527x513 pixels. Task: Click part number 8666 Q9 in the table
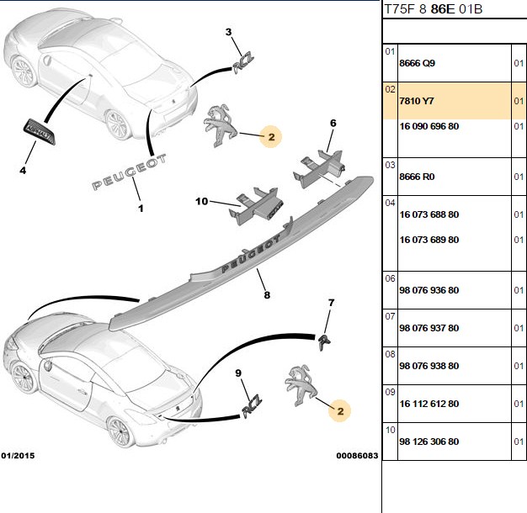417,63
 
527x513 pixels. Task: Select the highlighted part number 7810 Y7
417,101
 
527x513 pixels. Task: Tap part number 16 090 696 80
429,127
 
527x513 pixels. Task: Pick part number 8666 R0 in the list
417,177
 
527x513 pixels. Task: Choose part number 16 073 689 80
429,240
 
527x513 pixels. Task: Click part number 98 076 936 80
429,290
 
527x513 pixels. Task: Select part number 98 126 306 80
429,442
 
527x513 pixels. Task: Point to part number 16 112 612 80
429,404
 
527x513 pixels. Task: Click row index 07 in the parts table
391,316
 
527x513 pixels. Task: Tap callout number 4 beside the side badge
23,171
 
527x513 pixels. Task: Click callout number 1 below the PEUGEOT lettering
141,209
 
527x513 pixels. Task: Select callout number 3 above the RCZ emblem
228,32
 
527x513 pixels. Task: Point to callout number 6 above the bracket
333,124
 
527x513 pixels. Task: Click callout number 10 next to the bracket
202,202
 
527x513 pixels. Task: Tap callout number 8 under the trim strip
267,295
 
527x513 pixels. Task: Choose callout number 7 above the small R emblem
332,303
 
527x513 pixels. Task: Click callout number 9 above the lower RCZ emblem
238,373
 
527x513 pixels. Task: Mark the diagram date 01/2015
18,456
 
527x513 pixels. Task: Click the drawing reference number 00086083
357,456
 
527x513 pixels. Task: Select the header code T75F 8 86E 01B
434,9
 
